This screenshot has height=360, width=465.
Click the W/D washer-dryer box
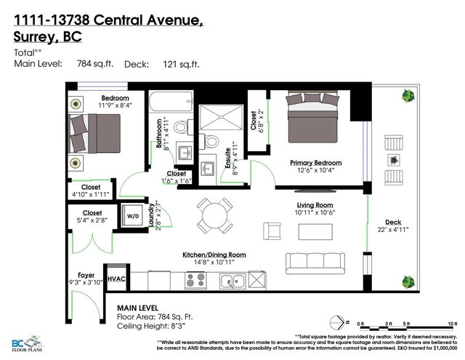tap(133, 216)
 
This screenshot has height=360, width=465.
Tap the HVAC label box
tap(116, 279)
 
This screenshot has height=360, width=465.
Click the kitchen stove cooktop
tap(196, 279)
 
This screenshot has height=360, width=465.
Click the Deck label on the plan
tap(393, 223)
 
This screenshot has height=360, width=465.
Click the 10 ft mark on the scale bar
tap(452, 323)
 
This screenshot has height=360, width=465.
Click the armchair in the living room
tap(272, 231)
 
